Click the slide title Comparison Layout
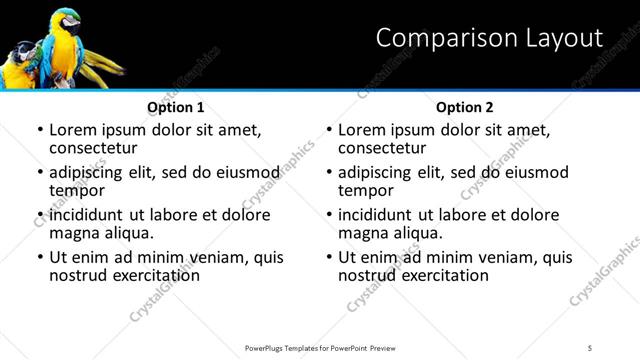tap(489, 39)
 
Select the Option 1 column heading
tap(176, 107)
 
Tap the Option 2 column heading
tap(465, 107)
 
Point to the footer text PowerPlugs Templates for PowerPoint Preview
tap(319, 347)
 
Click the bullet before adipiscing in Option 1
tap(39, 172)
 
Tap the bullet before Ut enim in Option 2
tap(328, 257)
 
